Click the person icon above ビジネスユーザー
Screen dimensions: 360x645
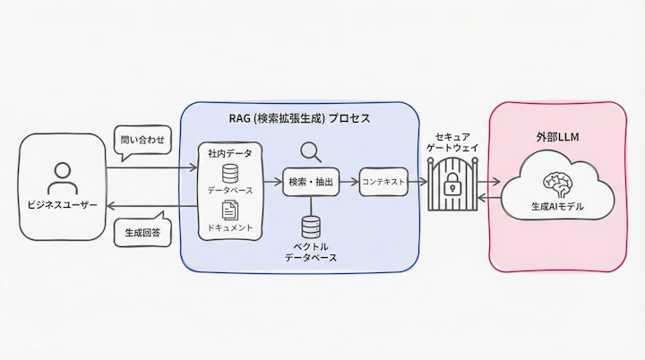coord(61,175)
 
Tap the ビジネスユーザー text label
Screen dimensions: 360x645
coord(61,219)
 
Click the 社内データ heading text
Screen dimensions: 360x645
coord(229,153)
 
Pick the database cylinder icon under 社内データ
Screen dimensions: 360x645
coord(229,172)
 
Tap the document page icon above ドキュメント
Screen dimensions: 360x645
coord(229,210)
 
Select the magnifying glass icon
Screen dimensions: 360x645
coord(311,151)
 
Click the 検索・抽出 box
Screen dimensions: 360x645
coord(311,182)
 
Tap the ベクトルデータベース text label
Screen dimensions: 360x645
coord(311,251)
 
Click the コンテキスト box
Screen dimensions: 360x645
coord(384,182)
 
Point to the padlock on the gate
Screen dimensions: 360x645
coord(455,187)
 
